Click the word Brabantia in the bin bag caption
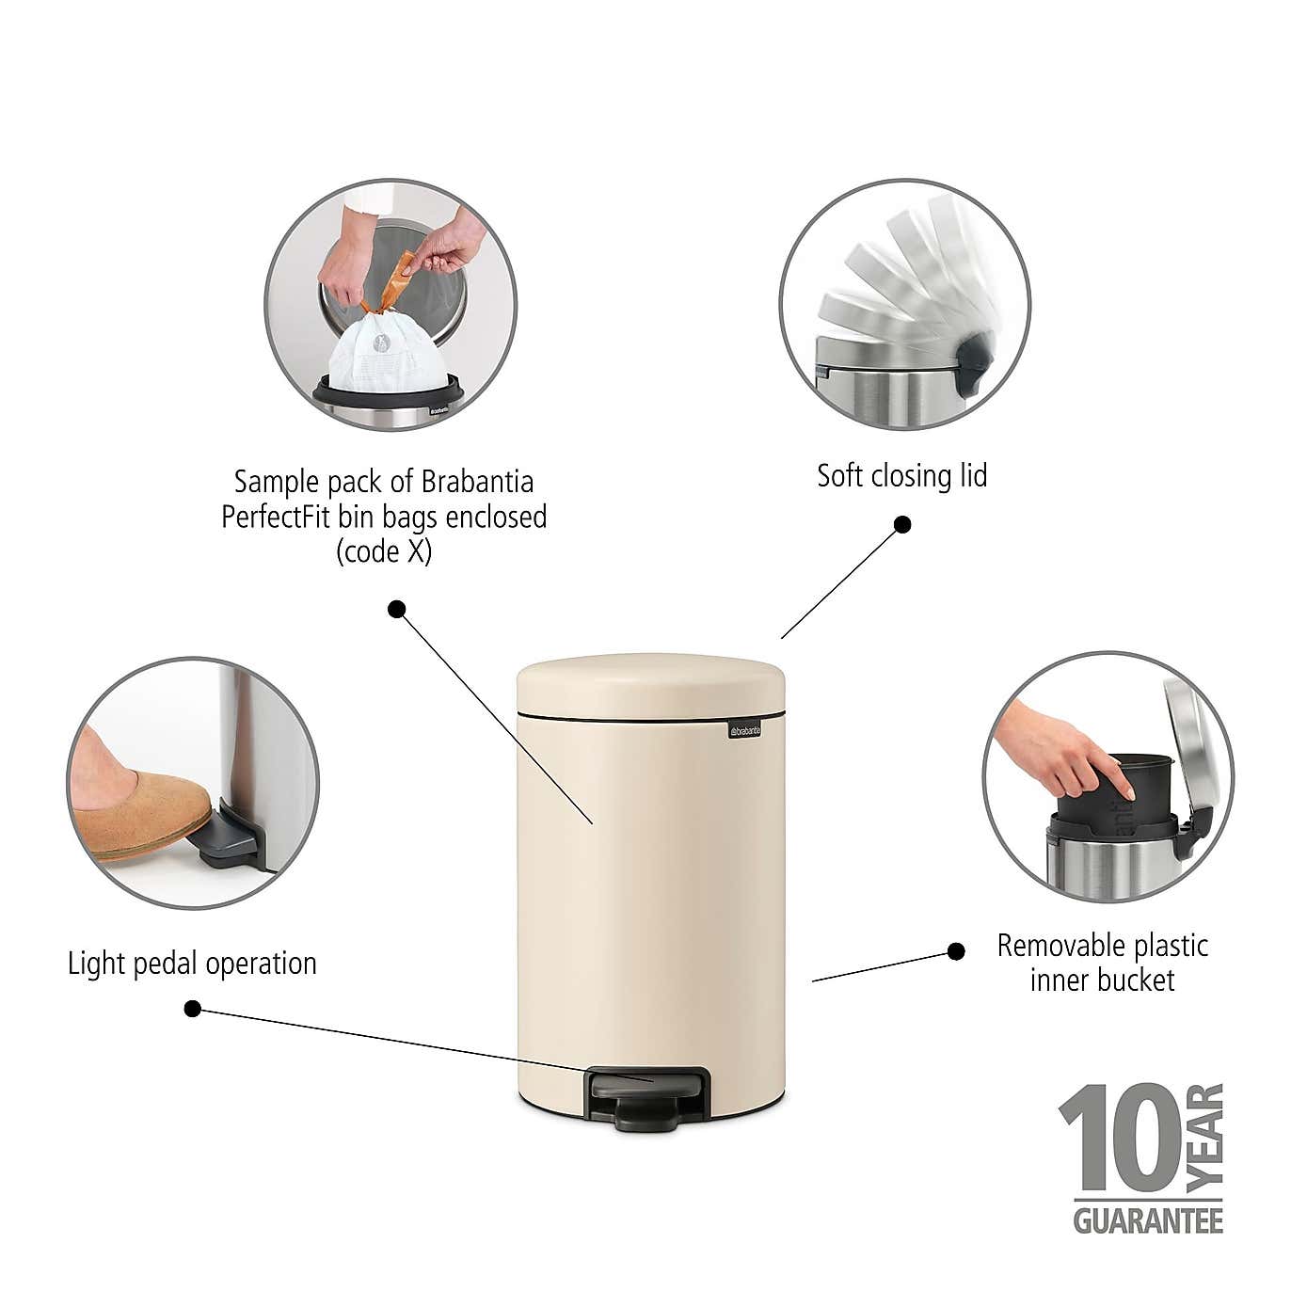(477, 482)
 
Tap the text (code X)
(384, 551)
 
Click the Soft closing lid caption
(901, 476)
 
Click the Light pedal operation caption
(192, 964)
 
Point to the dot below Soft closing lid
(901, 524)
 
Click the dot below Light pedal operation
(193, 1009)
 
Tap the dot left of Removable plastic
(956, 951)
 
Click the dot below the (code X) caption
(397, 609)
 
